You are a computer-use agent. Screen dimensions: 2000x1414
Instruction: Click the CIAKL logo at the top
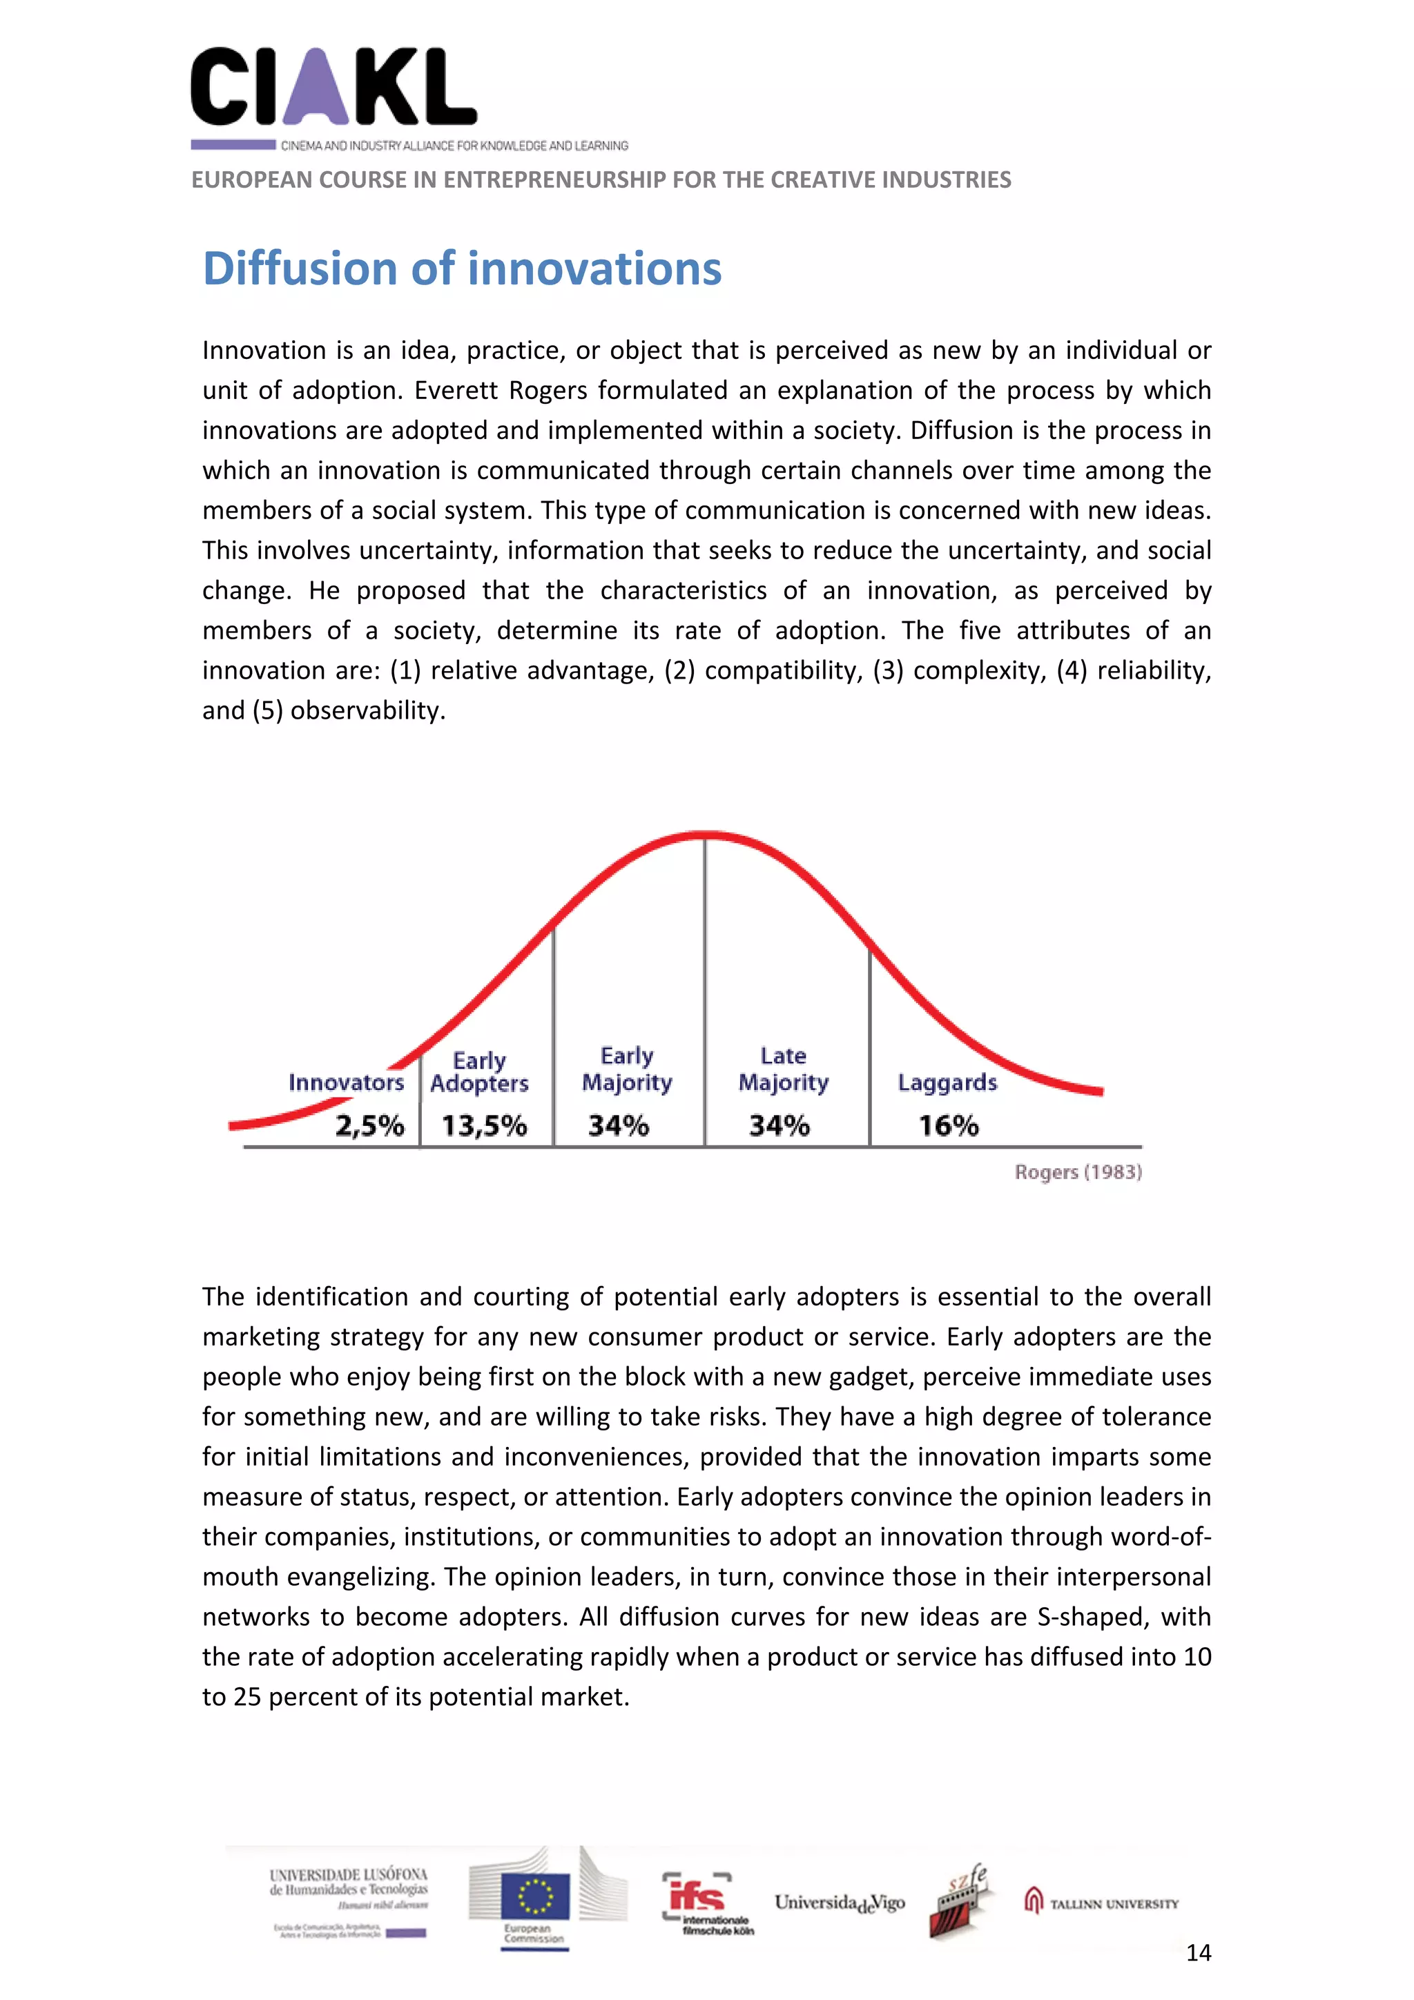click(x=333, y=87)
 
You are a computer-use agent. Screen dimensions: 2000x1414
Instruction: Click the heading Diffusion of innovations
click(x=462, y=269)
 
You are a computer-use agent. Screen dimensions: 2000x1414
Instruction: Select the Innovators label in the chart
click(x=346, y=1082)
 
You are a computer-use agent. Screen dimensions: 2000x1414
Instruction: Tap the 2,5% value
click(x=369, y=1125)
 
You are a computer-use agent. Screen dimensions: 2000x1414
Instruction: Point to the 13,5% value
click(x=483, y=1125)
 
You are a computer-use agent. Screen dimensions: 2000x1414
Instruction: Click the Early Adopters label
click(x=479, y=1072)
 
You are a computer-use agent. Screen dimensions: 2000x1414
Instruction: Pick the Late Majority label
click(x=783, y=1069)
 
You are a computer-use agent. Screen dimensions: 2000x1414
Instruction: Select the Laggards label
click(x=947, y=1082)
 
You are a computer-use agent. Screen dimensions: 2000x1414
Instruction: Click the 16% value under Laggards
click(x=948, y=1125)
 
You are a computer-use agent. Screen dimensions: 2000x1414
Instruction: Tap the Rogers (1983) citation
click(x=1078, y=1172)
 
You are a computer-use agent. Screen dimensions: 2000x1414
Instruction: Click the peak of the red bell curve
click(x=706, y=835)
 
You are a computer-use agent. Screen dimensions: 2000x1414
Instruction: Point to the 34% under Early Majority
click(x=618, y=1125)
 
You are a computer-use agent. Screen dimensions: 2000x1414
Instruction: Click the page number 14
click(x=1198, y=1952)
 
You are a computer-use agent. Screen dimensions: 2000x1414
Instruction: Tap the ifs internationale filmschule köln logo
click(x=706, y=1903)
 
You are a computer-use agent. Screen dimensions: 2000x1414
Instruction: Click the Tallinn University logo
click(x=1101, y=1903)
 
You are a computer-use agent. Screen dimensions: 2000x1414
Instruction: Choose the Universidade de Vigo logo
click(x=839, y=1903)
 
